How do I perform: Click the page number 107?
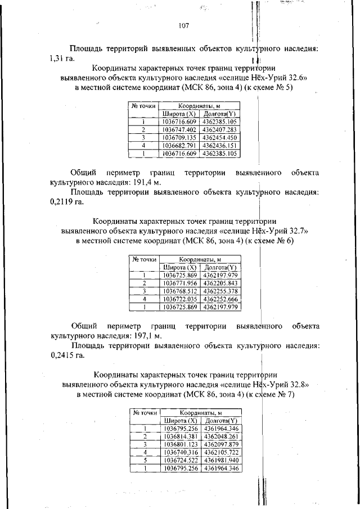click(183, 25)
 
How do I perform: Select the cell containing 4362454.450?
click(220, 137)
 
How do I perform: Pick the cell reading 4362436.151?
click(220, 145)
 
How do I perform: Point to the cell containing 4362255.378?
click(220, 291)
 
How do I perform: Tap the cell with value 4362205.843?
click(220, 283)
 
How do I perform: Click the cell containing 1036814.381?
click(180, 436)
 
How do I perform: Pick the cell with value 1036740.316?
click(180, 452)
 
